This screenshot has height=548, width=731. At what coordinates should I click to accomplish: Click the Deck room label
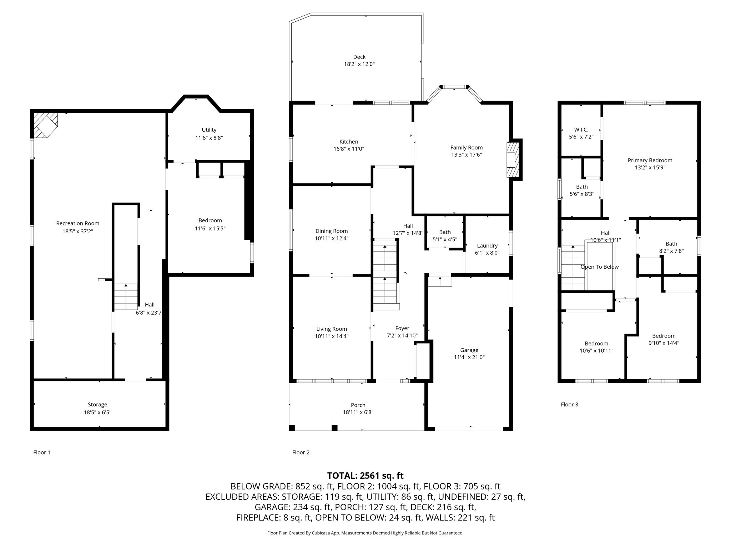click(359, 57)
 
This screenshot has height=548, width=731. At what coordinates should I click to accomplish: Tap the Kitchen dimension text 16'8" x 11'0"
click(349, 149)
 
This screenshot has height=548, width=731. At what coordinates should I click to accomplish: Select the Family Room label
click(466, 147)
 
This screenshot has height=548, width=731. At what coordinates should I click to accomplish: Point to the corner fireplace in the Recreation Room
click(45, 125)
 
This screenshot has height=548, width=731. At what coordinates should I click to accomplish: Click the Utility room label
click(209, 130)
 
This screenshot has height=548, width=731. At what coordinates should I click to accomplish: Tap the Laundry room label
click(487, 245)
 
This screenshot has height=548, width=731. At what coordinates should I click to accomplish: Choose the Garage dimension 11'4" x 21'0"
click(469, 357)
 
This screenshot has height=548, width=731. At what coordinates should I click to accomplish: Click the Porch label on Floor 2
click(358, 405)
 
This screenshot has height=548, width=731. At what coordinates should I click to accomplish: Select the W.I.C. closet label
click(581, 130)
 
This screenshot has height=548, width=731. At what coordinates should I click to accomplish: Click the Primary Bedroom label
click(650, 160)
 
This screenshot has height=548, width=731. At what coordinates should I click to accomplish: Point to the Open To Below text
click(600, 267)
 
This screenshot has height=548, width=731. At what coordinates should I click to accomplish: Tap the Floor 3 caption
click(569, 404)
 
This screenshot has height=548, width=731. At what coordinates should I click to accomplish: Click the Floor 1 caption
click(42, 452)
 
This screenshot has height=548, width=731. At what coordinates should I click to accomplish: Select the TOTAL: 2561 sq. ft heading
click(365, 476)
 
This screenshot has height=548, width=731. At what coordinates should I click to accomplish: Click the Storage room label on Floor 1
click(97, 405)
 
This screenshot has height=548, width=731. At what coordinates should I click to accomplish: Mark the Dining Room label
click(332, 231)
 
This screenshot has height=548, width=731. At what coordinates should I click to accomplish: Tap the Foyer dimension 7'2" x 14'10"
click(402, 336)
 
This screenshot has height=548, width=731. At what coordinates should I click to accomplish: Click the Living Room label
click(332, 329)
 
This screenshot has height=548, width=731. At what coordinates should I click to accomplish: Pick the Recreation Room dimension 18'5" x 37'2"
click(78, 231)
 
